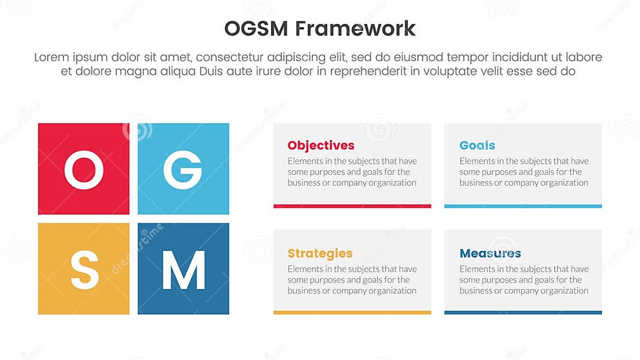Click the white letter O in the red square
pyautogui.click(x=84, y=170)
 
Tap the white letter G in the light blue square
pyautogui.click(x=183, y=170)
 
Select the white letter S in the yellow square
pyautogui.click(x=85, y=270)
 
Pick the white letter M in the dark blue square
pyautogui.click(x=183, y=270)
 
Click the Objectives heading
pyautogui.click(x=321, y=145)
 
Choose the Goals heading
pyautogui.click(x=477, y=145)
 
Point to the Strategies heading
pyautogui.click(x=320, y=253)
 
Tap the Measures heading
pyautogui.click(x=490, y=253)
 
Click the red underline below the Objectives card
pyautogui.click(x=352, y=206)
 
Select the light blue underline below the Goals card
pyautogui.click(x=523, y=206)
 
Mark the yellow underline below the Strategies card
pyautogui.click(x=352, y=312)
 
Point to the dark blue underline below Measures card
pyautogui.click(x=523, y=312)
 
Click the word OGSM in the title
pyautogui.click(x=256, y=28)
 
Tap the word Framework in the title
pyautogui.click(x=356, y=28)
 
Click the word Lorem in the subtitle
pyautogui.click(x=51, y=57)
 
